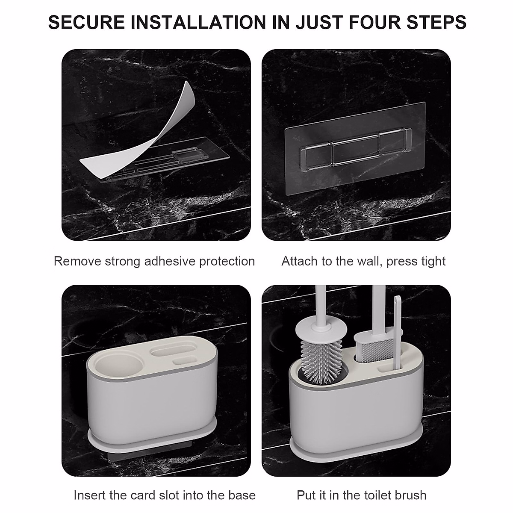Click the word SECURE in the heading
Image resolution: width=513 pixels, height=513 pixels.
tap(86, 22)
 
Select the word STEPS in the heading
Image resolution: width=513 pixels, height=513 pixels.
tap(436, 22)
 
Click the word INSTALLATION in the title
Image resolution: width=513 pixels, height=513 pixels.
tap(198, 22)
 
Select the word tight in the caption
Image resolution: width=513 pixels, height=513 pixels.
tap(433, 262)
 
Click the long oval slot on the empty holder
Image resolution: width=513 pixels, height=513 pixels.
tap(174, 349)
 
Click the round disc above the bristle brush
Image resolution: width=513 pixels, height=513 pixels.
tap(321, 329)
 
